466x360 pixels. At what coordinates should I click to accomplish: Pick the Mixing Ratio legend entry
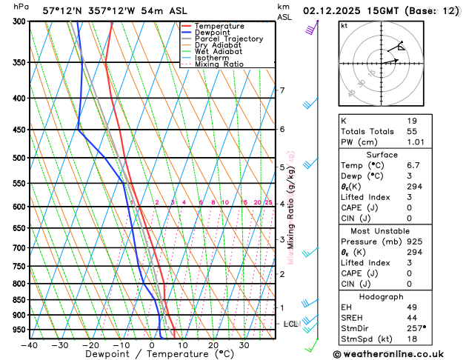[222, 64]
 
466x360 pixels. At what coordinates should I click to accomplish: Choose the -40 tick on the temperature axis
[30, 344]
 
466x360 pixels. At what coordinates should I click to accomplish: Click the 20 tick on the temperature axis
[213, 344]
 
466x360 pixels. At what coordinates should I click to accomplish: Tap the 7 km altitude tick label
[282, 90]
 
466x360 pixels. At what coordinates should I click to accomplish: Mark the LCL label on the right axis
[290, 324]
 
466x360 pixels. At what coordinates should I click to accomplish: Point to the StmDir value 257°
[416, 328]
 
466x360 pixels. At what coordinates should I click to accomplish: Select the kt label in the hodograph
[344, 25]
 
